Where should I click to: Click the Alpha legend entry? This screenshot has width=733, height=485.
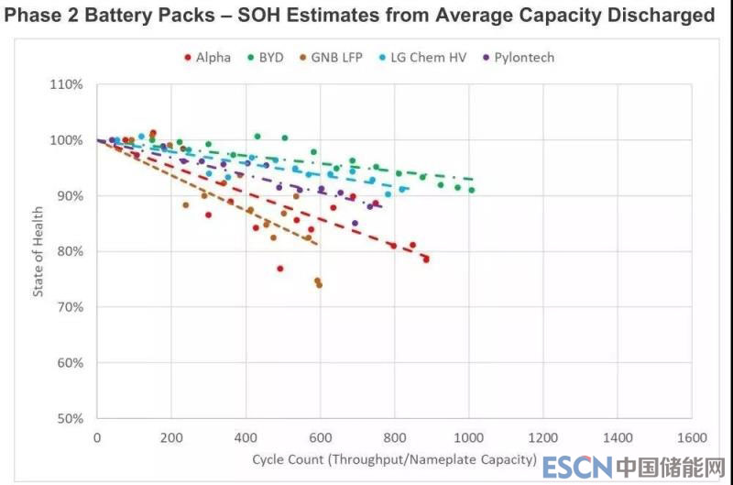point(207,57)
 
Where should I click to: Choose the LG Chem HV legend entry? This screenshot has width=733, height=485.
point(425,57)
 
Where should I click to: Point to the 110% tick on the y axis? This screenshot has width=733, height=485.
point(67,84)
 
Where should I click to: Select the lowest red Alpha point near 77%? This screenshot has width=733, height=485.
point(280,269)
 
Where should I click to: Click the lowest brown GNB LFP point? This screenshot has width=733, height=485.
point(319,285)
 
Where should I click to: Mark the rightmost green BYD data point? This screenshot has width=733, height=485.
point(472,190)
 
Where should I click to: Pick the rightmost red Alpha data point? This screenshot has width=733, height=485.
point(426,259)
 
